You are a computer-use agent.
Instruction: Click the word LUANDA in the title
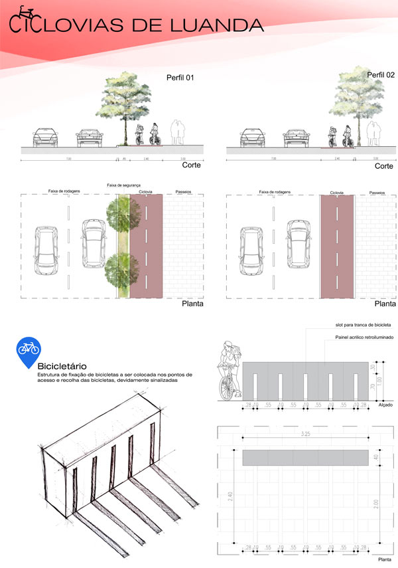(218, 26)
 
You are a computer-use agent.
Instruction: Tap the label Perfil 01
(179, 78)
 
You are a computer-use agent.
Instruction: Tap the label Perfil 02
(381, 76)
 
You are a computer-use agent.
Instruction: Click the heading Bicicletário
(64, 366)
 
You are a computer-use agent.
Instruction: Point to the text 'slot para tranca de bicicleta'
(362, 325)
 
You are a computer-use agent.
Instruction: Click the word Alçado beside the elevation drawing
(385, 405)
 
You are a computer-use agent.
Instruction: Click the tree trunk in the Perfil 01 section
(124, 129)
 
